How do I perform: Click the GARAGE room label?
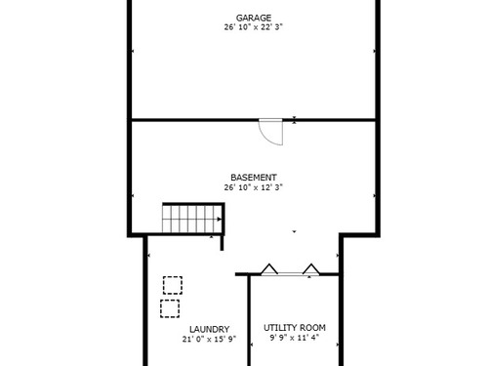[x=254, y=18]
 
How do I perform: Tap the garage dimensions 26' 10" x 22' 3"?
[x=253, y=27]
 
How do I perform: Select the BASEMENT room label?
[x=254, y=178]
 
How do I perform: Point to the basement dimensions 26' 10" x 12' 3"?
[x=253, y=187]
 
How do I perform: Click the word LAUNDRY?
[x=209, y=329]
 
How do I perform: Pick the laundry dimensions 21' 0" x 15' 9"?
[x=209, y=339]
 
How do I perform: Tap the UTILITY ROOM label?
[x=295, y=328]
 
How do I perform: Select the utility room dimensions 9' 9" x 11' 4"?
[x=295, y=338]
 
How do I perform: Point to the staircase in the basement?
[x=193, y=218]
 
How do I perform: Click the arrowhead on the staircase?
[x=220, y=220]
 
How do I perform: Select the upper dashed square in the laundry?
[x=173, y=285]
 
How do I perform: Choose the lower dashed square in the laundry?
[x=170, y=308]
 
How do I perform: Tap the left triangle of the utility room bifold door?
[x=269, y=269]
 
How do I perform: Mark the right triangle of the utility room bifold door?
[x=311, y=269]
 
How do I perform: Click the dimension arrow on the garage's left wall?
[x=133, y=51]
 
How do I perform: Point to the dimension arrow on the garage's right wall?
[x=374, y=51]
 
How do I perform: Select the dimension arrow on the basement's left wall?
[x=133, y=195]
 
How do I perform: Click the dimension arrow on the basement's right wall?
[x=374, y=195]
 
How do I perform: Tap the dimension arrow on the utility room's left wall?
[x=252, y=345]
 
